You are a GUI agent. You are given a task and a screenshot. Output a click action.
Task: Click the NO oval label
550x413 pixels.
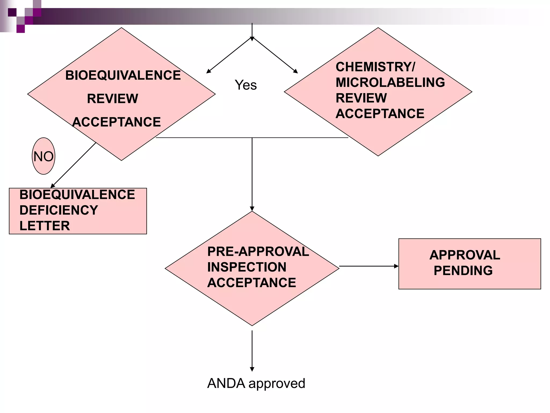(44, 156)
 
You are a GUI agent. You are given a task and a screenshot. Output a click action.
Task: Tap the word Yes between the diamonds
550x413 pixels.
(245, 85)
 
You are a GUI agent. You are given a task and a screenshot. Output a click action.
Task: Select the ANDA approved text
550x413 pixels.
(256, 383)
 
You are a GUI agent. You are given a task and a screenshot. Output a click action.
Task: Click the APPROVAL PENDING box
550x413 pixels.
(469, 264)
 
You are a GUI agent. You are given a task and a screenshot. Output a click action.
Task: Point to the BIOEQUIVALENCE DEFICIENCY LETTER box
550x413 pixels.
(78, 211)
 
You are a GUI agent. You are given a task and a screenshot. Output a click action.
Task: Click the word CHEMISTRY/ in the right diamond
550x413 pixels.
(375, 67)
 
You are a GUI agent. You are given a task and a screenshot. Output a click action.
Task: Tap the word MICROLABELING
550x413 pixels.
(390, 83)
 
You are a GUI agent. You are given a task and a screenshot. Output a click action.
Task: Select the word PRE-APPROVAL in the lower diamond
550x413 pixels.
(258, 252)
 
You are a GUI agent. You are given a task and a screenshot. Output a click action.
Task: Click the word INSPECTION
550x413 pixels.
(247, 267)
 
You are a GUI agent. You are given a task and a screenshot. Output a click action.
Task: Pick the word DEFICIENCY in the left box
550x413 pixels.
(59, 210)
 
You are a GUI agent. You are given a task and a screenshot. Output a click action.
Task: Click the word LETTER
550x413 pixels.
(45, 226)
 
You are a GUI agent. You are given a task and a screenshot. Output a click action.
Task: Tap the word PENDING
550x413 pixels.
(463, 271)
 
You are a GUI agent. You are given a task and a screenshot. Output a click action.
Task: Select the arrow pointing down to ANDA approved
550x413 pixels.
(252, 351)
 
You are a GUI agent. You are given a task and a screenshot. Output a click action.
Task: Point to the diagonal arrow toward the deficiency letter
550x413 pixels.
(73, 165)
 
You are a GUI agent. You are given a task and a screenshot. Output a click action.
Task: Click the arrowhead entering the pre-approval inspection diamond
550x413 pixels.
(252, 209)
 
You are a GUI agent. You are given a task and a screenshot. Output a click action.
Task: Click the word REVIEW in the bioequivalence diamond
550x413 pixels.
(112, 99)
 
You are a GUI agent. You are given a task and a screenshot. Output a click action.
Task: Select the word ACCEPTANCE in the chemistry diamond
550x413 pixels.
(380, 114)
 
